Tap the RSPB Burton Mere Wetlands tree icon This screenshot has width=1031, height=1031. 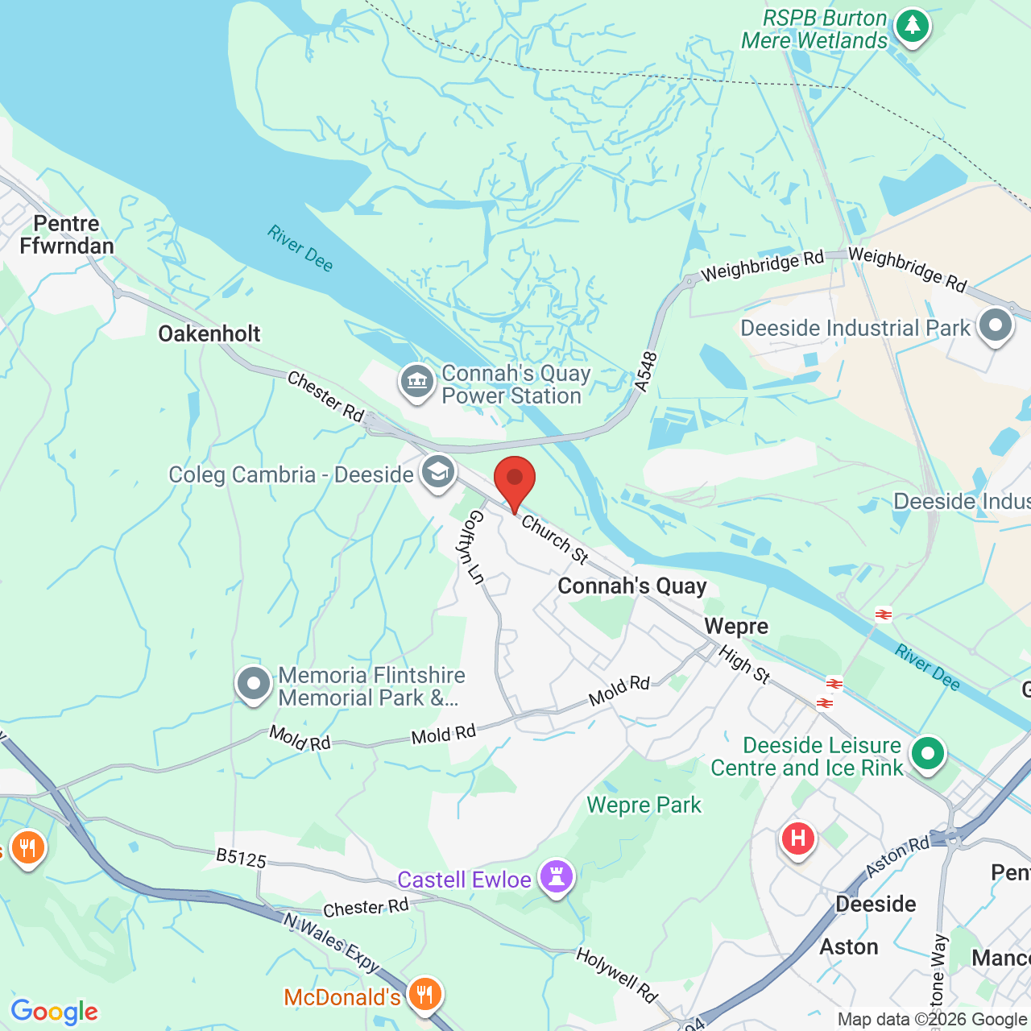(x=912, y=27)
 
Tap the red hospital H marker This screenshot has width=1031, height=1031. (x=797, y=839)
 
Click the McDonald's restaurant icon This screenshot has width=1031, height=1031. (x=424, y=995)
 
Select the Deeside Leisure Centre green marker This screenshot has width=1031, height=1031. (x=927, y=755)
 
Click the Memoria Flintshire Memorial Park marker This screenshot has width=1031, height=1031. (x=254, y=685)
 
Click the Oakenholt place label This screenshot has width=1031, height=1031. (x=209, y=333)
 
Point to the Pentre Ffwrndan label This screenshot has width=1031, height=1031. (x=66, y=234)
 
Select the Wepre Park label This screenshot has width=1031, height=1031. (x=644, y=805)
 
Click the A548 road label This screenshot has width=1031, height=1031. (x=646, y=373)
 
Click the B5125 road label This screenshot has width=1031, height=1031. (x=241, y=859)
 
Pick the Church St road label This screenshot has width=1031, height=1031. (x=555, y=539)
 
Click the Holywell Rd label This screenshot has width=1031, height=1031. (x=616, y=975)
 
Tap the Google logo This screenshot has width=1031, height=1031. (x=54, y=1012)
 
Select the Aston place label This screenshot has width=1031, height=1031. (x=848, y=946)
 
